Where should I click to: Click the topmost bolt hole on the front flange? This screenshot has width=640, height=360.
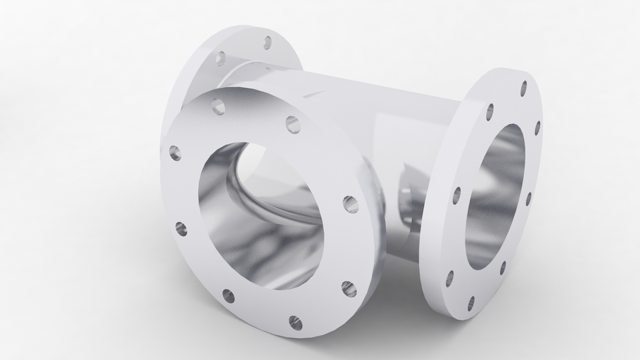tap(217, 105)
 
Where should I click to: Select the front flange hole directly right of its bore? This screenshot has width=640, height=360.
tap(349, 203)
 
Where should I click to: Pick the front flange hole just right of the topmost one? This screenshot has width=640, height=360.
tap(292, 123)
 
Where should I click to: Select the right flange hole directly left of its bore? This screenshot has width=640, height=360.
tap(457, 195)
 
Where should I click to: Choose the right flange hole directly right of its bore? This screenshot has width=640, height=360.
tap(528, 198)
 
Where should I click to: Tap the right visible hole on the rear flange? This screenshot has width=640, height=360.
tap(267, 43)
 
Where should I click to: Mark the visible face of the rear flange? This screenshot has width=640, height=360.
tap(200, 67)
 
